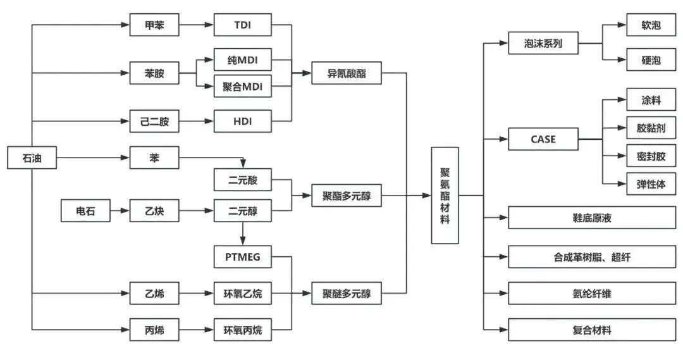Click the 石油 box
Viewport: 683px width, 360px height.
click(32, 158)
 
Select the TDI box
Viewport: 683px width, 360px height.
click(243, 25)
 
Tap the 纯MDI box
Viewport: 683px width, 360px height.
click(243, 61)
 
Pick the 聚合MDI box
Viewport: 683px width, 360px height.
click(243, 86)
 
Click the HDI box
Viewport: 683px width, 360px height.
click(243, 121)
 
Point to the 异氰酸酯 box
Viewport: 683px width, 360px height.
click(346, 73)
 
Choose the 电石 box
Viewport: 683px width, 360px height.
click(85, 210)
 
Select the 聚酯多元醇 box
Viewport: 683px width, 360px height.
click(346, 196)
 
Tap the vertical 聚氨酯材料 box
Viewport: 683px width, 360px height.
click(445, 196)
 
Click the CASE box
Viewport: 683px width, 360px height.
click(543, 139)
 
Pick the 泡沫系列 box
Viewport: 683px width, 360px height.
click(543, 44)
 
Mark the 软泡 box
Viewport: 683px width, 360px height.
click(651, 26)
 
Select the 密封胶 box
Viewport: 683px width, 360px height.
click(651, 155)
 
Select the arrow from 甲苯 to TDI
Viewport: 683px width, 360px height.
click(196, 25)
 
